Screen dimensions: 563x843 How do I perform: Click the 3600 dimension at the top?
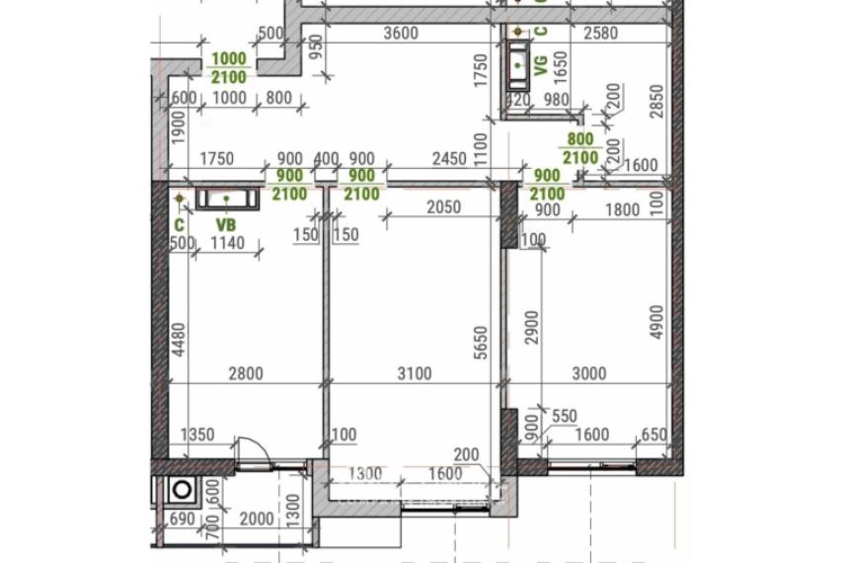[401, 33]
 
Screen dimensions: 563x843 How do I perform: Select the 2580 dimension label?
[601, 33]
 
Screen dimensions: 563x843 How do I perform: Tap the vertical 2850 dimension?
[658, 100]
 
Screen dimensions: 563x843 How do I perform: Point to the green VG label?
[540, 65]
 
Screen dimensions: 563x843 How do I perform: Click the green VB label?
[226, 223]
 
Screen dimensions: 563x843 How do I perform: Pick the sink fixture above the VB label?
[227, 200]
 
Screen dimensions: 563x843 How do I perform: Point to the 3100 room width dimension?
[413, 373]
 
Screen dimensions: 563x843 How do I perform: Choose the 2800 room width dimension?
[245, 373]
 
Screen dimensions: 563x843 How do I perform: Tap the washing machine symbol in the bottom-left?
[183, 488]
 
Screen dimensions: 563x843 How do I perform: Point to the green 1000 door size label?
[229, 59]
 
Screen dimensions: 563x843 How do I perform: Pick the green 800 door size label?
[580, 140]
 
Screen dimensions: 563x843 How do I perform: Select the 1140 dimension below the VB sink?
[227, 243]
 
